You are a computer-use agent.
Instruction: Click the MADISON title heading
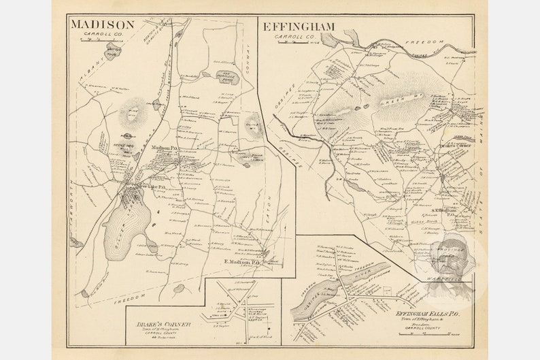coord(102,25)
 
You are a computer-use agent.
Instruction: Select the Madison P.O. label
coord(165,148)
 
